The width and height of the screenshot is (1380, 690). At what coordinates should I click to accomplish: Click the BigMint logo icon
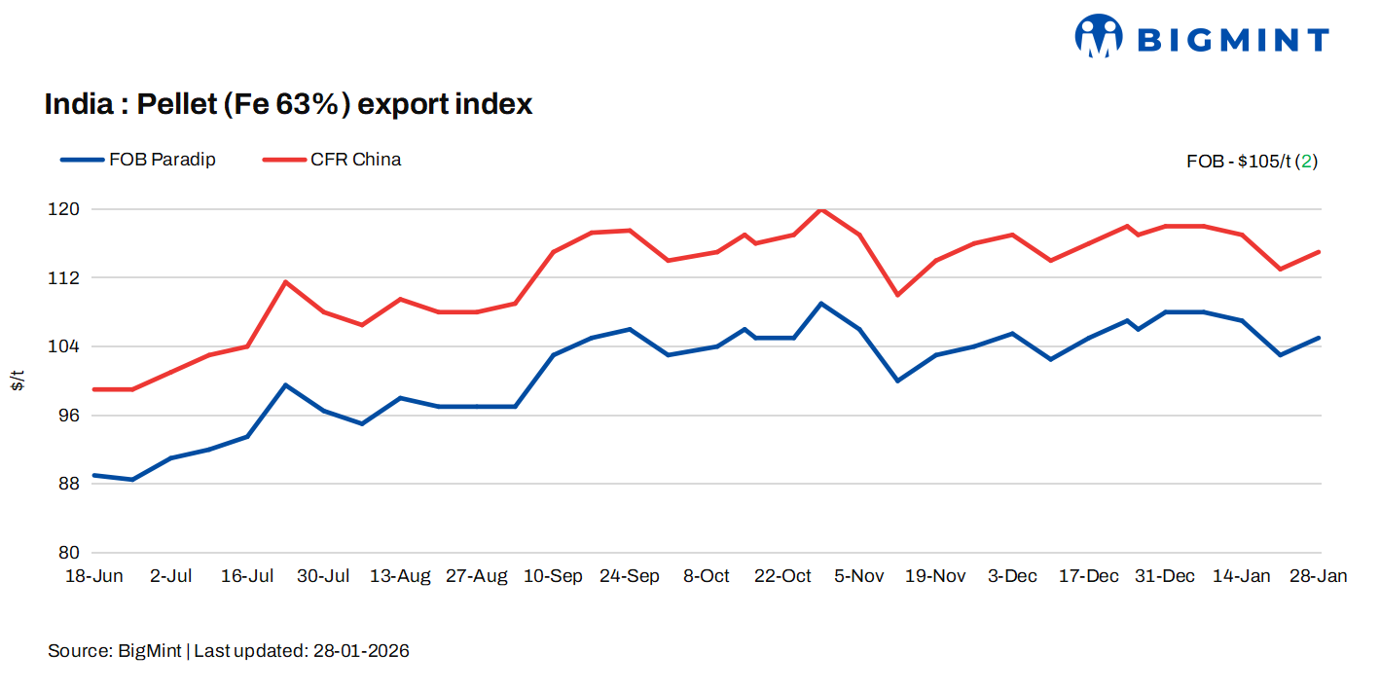[x=1099, y=36]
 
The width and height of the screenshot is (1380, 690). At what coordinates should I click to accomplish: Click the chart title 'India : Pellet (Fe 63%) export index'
[x=288, y=104]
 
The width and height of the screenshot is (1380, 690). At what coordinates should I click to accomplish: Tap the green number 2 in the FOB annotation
[x=1308, y=162]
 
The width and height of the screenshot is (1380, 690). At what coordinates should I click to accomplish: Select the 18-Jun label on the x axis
[x=93, y=576]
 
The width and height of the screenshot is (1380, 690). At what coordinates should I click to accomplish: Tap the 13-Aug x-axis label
[x=400, y=576]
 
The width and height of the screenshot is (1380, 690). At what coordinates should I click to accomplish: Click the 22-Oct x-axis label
[x=782, y=576]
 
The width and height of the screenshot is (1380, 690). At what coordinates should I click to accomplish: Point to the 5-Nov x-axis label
[x=858, y=576]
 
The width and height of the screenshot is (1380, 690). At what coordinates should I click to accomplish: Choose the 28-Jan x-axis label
[x=1319, y=576]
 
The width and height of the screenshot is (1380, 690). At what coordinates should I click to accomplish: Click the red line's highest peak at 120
[x=821, y=209]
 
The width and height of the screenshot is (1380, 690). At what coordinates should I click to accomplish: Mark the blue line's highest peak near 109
[x=821, y=304]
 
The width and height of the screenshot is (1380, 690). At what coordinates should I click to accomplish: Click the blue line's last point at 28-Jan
[x=1319, y=338]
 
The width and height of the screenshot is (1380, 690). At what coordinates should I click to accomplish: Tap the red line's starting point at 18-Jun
[x=93, y=389]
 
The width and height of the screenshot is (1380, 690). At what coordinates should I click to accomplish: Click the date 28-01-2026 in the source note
[x=361, y=651]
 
